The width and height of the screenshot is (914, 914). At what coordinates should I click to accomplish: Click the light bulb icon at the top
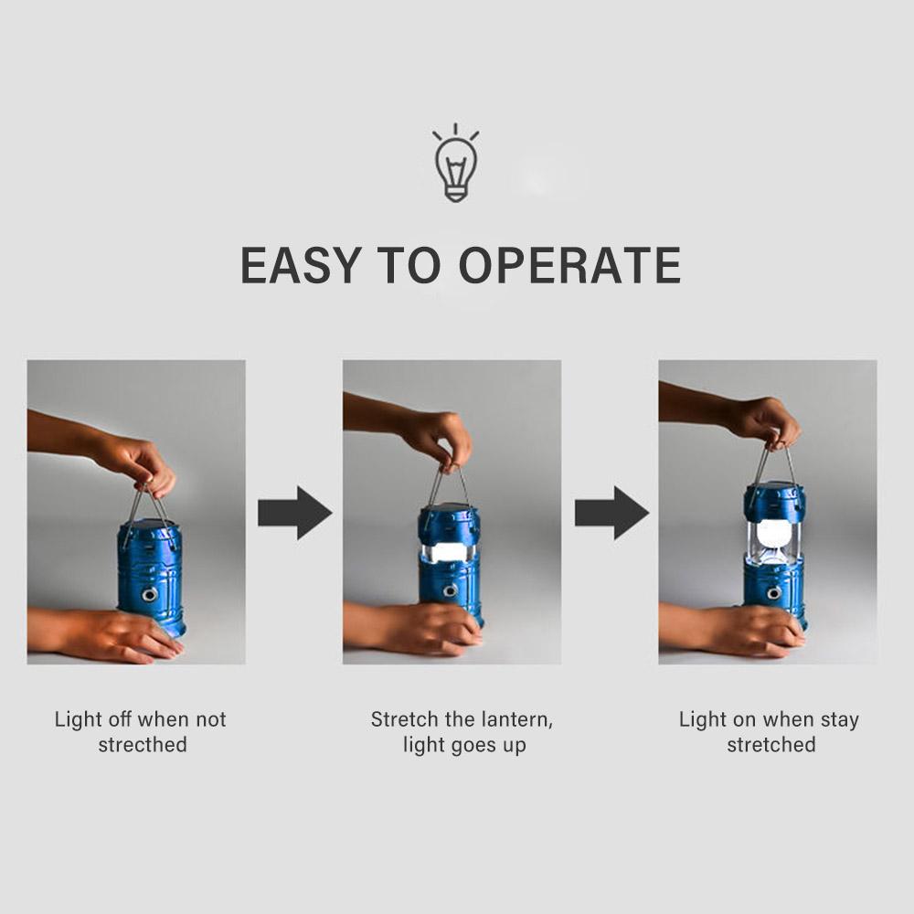[x=455, y=164]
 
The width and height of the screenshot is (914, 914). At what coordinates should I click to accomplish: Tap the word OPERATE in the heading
[x=569, y=265]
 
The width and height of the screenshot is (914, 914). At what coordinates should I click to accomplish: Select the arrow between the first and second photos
[x=294, y=513]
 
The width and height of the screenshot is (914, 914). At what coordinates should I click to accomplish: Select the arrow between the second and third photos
[x=611, y=513]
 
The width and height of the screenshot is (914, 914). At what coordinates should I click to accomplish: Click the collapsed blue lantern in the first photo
[x=150, y=576]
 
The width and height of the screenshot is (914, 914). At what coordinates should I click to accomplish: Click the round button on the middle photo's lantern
[x=449, y=591]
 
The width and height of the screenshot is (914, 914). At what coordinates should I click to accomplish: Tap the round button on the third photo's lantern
[x=773, y=593]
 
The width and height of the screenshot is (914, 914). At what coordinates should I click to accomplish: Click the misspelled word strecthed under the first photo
[x=143, y=745]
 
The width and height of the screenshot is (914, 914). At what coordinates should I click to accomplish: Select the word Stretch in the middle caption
[x=403, y=719]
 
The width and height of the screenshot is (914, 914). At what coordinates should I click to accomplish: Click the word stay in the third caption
[x=839, y=719]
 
